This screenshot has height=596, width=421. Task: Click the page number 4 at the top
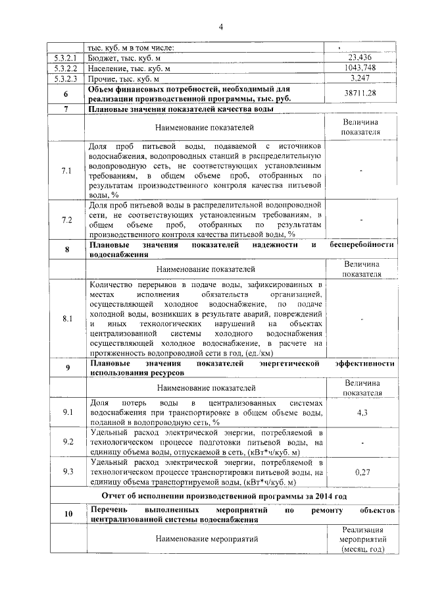(221, 27)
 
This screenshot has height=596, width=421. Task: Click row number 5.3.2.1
(66, 57)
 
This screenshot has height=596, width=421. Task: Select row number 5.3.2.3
(66, 78)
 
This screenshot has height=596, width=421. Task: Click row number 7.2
(66, 219)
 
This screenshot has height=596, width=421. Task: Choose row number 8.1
(66, 319)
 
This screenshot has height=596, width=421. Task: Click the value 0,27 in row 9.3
(361, 472)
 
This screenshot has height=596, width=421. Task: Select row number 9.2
(66, 442)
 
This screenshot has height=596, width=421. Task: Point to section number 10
(67, 515)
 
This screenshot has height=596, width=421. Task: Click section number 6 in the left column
(66, 94)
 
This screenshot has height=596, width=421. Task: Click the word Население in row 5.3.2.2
(107, 68)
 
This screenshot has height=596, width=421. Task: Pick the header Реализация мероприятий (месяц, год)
(360, 539)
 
